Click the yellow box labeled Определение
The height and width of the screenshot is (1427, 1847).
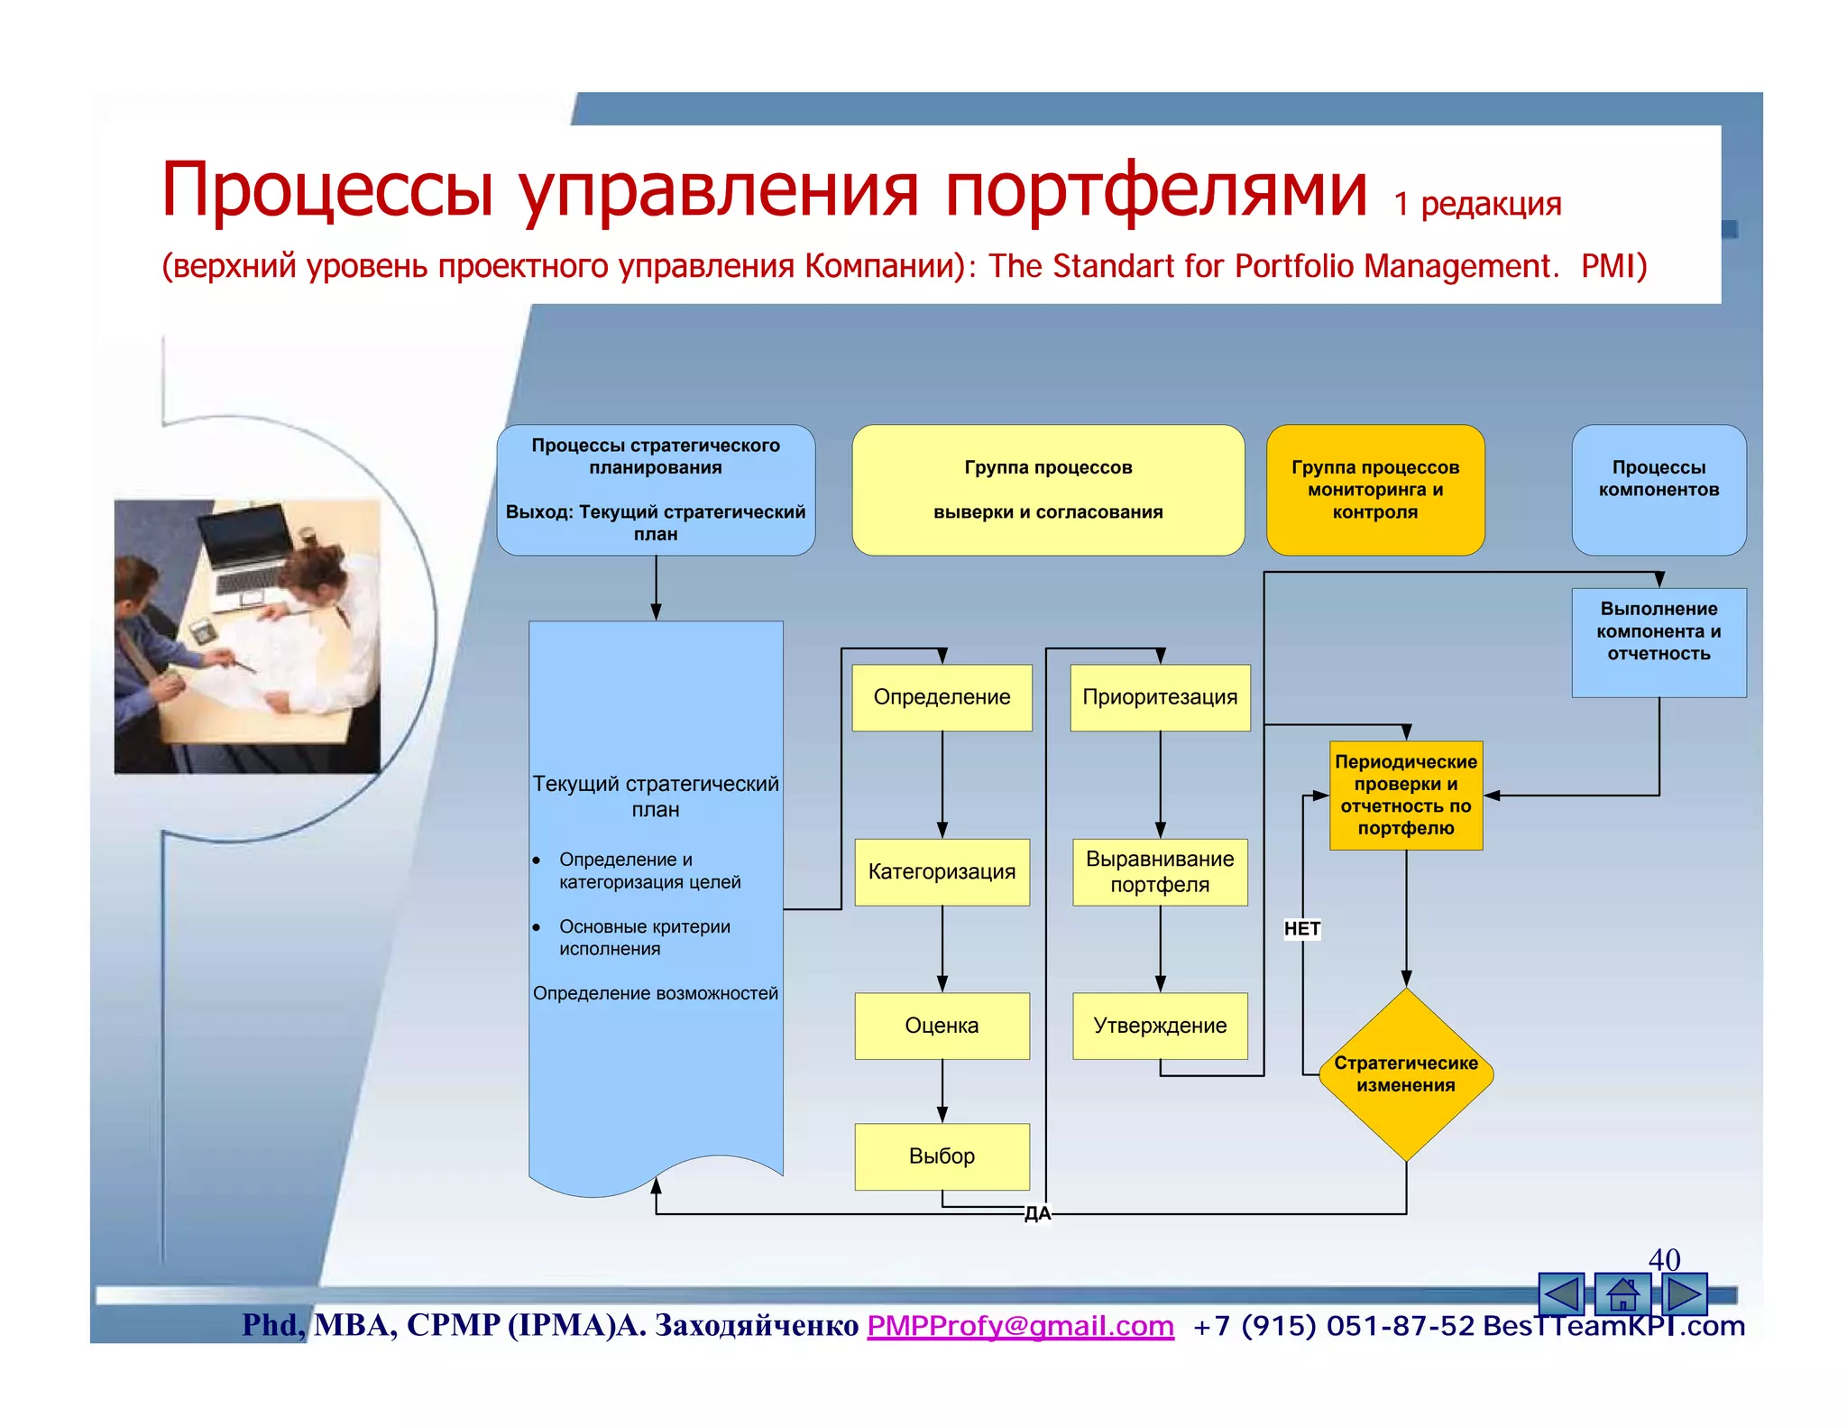pos(942,697)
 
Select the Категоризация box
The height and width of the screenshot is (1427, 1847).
pos(942,871)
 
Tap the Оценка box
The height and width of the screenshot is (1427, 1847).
pos(942,1026)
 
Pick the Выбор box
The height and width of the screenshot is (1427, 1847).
pos(942,1156)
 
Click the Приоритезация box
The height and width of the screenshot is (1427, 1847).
pos(1160,697)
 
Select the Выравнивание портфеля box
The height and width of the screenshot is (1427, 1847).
pos(1160,871)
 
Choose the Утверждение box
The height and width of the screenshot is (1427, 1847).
pos(1160,1026)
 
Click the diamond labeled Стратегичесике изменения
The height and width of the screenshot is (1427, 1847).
pos(1405,1073)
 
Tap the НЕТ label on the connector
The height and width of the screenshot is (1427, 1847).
pos(1301,928)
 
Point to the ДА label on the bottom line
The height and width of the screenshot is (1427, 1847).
pos(1037,1213)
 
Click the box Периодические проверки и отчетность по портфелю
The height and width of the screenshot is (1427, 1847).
pos(1405,795)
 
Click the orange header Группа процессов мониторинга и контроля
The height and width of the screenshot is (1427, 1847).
pos(1374,490)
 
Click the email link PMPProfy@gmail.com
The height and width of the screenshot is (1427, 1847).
pos(1020,1325)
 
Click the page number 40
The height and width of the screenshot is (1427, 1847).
pos(1664,1258)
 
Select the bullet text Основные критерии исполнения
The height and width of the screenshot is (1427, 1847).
pos(644,937)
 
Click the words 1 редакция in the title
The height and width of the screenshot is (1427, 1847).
pos(1476,204)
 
